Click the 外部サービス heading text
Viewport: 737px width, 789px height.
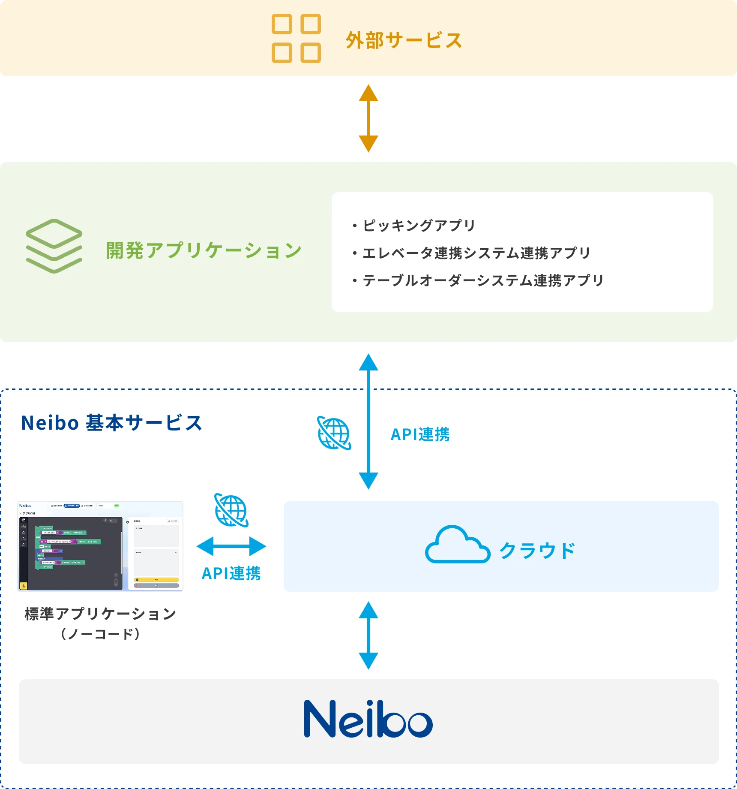403,40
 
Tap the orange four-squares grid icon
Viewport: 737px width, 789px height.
296,39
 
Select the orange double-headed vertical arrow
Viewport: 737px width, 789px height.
368,118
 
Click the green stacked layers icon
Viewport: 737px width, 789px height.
54,246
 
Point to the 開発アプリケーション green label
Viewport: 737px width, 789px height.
204,250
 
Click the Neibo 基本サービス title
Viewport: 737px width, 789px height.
111,423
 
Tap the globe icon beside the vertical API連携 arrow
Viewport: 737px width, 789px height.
334,433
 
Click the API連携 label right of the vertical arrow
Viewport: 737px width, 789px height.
420,434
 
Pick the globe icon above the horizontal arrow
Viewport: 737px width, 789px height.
231,510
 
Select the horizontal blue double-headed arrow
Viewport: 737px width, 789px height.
231,546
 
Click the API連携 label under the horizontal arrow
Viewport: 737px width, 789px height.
231,573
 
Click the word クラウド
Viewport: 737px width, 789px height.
537,551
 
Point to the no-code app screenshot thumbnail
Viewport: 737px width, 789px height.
100,546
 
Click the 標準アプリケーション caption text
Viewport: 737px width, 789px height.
100,614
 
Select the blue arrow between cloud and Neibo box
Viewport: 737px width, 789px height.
368,635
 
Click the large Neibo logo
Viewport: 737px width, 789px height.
368,719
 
